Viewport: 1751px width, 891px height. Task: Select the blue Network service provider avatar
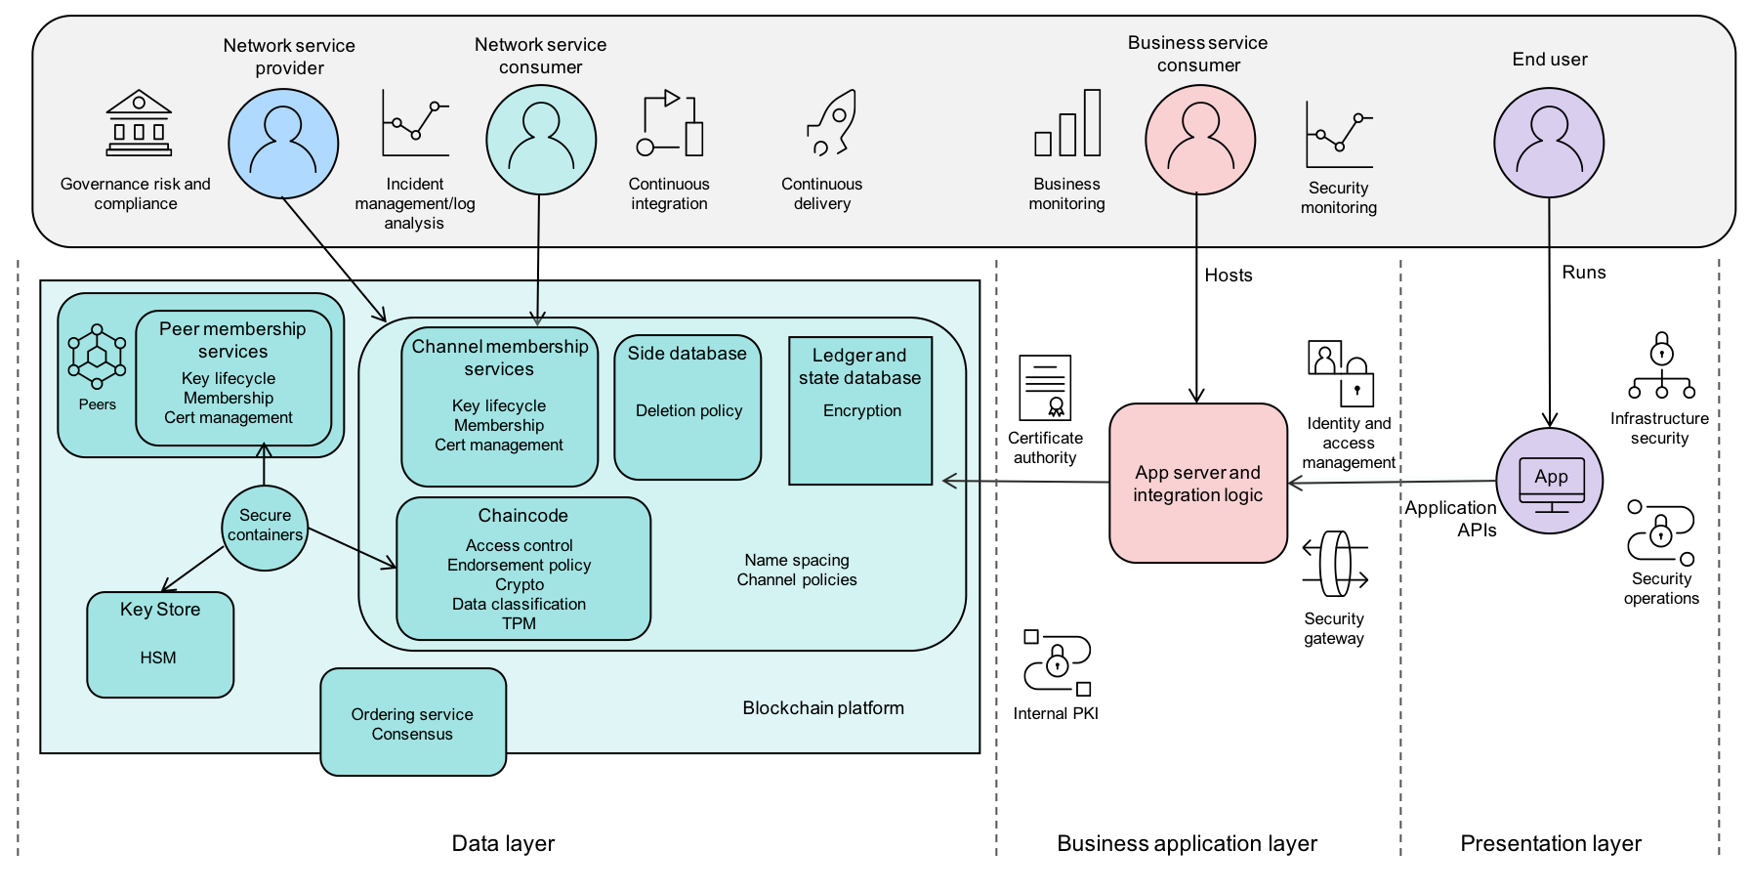283,143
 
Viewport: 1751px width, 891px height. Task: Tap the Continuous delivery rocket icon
832,123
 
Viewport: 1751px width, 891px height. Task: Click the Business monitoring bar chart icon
1067,123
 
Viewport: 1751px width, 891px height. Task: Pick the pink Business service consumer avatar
1200,140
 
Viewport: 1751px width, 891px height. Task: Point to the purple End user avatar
1549,143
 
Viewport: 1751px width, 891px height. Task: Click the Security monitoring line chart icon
1339,135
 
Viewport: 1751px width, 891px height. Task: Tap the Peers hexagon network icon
97,357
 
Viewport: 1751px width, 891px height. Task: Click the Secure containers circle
265,528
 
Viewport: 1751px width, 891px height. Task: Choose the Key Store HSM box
160,645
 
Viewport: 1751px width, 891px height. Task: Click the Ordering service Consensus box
413,722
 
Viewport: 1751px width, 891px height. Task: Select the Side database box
688,407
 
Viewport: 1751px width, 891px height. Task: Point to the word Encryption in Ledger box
861,411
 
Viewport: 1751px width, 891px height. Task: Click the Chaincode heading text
522,516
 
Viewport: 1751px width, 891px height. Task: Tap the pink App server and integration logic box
1198,484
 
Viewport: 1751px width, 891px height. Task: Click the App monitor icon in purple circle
1551,483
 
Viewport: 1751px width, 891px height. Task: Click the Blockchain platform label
822,708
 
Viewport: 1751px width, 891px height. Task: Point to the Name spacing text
797,561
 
